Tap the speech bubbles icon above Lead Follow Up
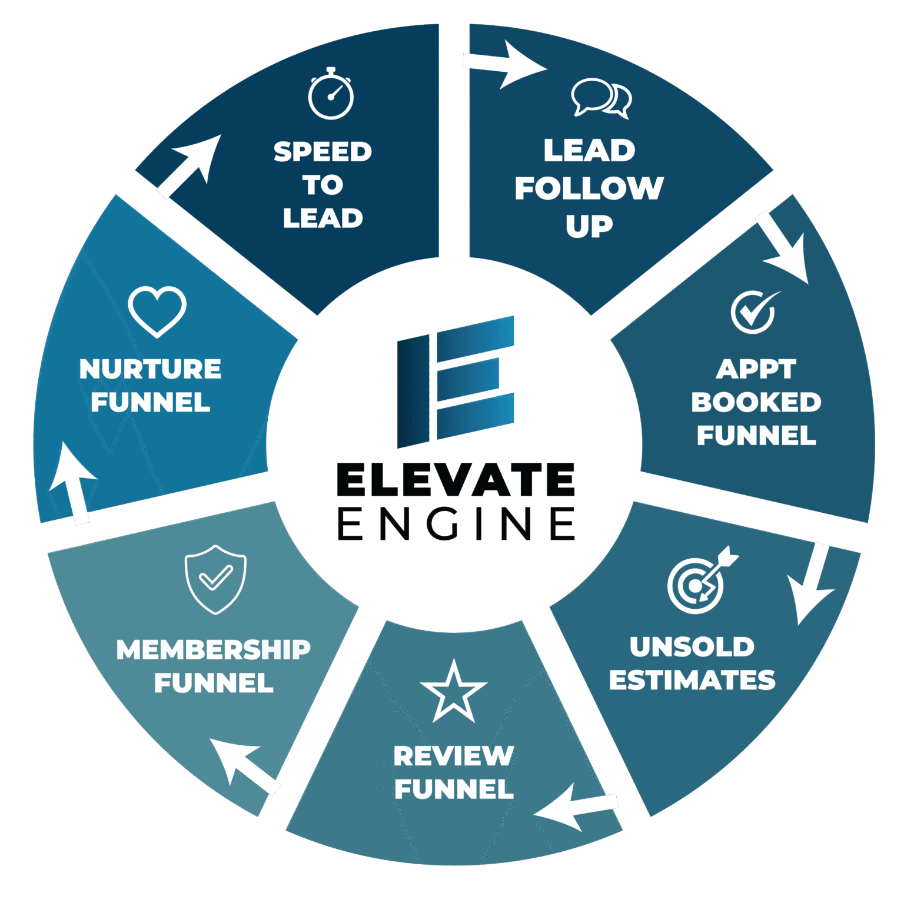pos(601,98)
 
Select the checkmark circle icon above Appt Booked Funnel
pos(755,311)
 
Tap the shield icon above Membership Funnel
pos(215,579)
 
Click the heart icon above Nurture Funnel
pos(157,311)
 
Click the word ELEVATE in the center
pos(456,479)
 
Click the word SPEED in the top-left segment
pos(323,152)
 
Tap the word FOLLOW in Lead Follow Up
pos(589,188)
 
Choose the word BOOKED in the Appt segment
pos(756,402)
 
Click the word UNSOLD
pos(692,647)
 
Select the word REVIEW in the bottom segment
pos(454,756)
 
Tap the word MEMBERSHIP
pos(214,649)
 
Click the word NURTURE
pos(151,369)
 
